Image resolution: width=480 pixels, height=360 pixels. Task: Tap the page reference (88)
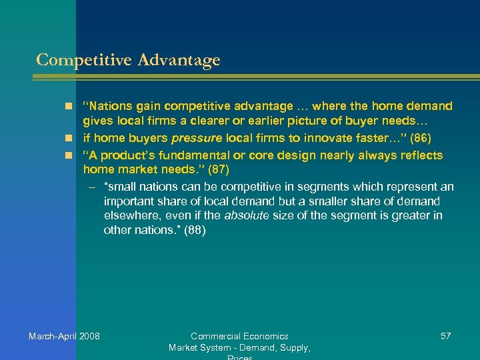pyautogui.click(x=191, y=231)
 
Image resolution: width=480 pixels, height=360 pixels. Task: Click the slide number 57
pyautogui.click(x=445, y=336)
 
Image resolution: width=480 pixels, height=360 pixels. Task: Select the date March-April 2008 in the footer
pyautogui.click(x=64, y=336)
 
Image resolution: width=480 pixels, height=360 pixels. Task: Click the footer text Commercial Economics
pyautogui.click(x=239, y=336)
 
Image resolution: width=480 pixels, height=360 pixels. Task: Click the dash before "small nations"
pyautogui.click(x=91, y=187)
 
